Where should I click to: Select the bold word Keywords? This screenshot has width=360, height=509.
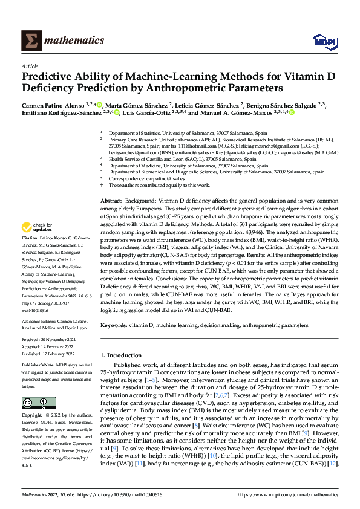115,325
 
